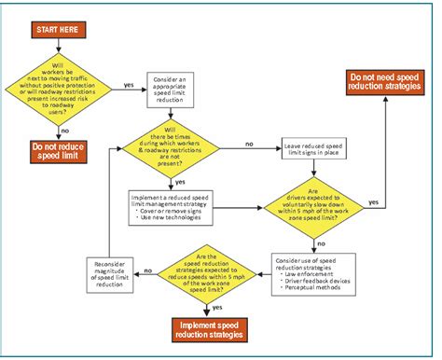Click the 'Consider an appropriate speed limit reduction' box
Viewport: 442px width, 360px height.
(x=174, y=90)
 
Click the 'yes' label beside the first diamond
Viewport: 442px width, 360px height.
(x=128, y=85)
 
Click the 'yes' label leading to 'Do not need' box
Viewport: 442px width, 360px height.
(x=374, y=201)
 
